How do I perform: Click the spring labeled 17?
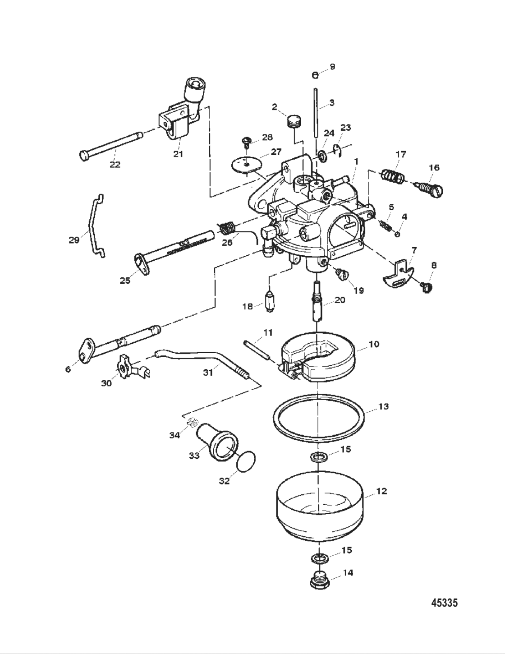pyautogui.click(x=392, y=176)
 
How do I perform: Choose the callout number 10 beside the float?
pyautogui.click(x=374, y=344)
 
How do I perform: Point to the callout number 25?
pyautogui.click(x=125, y=281)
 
